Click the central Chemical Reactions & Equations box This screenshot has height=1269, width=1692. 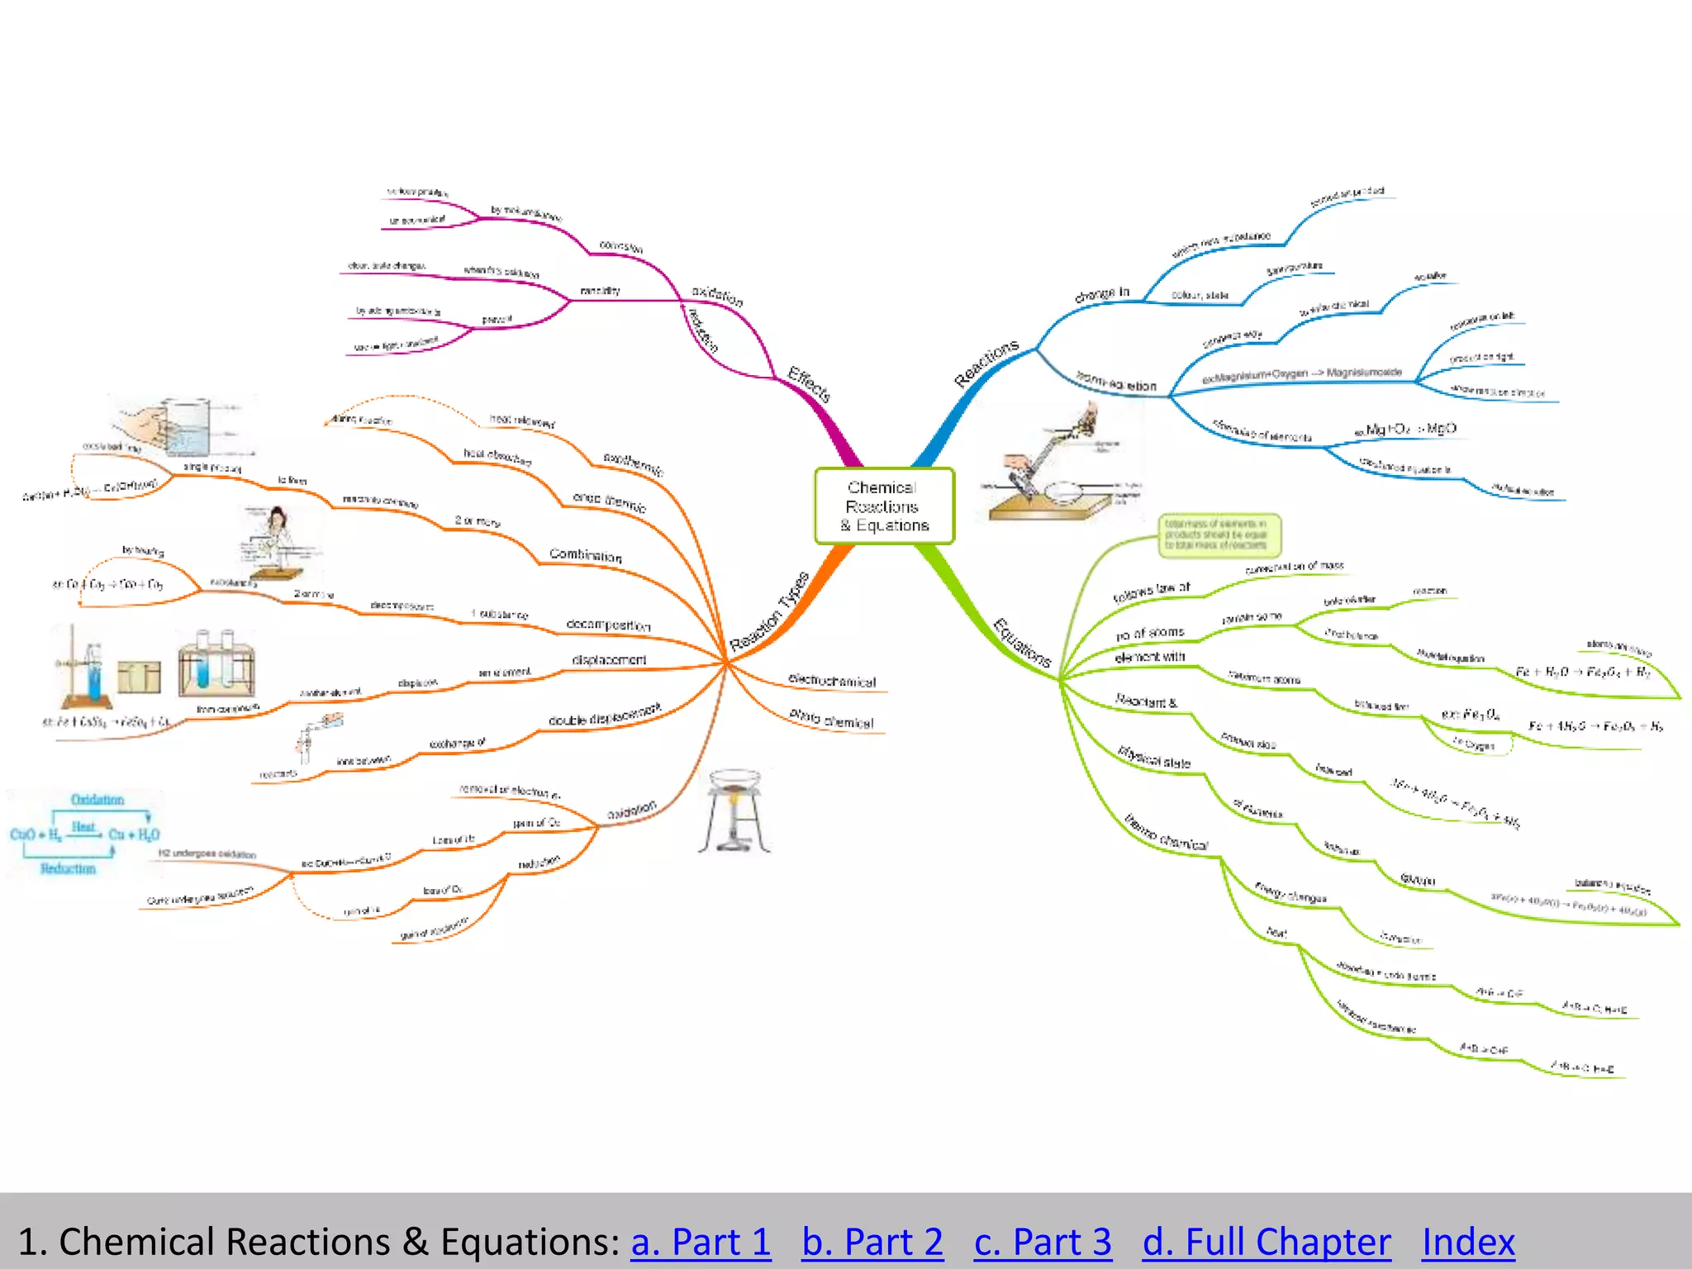(884, 506)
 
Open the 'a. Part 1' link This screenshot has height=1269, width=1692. (701, 1242)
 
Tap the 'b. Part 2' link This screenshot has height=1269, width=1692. (872, 1242)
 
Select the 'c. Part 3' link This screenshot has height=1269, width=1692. (1043, 1242)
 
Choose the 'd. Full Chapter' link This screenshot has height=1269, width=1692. (1267, 1242)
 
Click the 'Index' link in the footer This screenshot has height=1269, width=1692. (1468, 1242)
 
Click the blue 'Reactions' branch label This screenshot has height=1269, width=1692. (986, 364)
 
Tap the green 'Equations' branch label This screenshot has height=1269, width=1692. (1022, 643)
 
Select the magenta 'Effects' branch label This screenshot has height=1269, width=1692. (809, 384)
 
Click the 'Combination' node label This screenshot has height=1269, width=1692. (585, 555)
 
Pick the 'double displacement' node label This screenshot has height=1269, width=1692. (605, 715)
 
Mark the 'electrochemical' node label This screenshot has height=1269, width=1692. (832, 681)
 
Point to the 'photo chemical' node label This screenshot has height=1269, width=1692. (831, 719)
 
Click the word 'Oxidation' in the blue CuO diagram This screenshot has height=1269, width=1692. (97, 800)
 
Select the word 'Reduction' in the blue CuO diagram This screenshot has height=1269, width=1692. (68, 869)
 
